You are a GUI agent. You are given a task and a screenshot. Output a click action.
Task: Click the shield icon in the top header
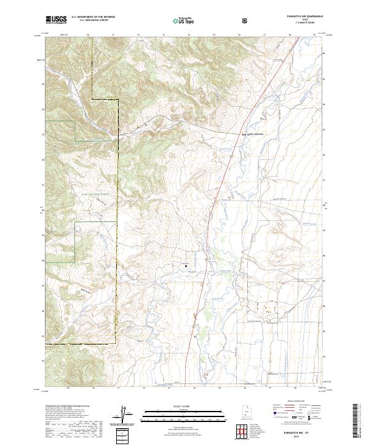(211, 21)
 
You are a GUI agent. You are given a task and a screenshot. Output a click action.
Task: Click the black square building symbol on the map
(186, 266)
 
